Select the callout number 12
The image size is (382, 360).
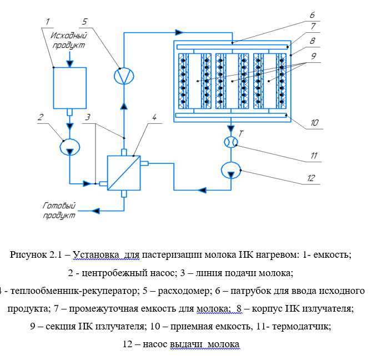click(310, 178)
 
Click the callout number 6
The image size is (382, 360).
click(313, 15)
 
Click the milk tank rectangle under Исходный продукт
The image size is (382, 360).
click(69, 87)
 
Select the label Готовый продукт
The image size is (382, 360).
click(59, 210)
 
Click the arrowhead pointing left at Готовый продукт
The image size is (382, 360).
click(97, 211)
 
